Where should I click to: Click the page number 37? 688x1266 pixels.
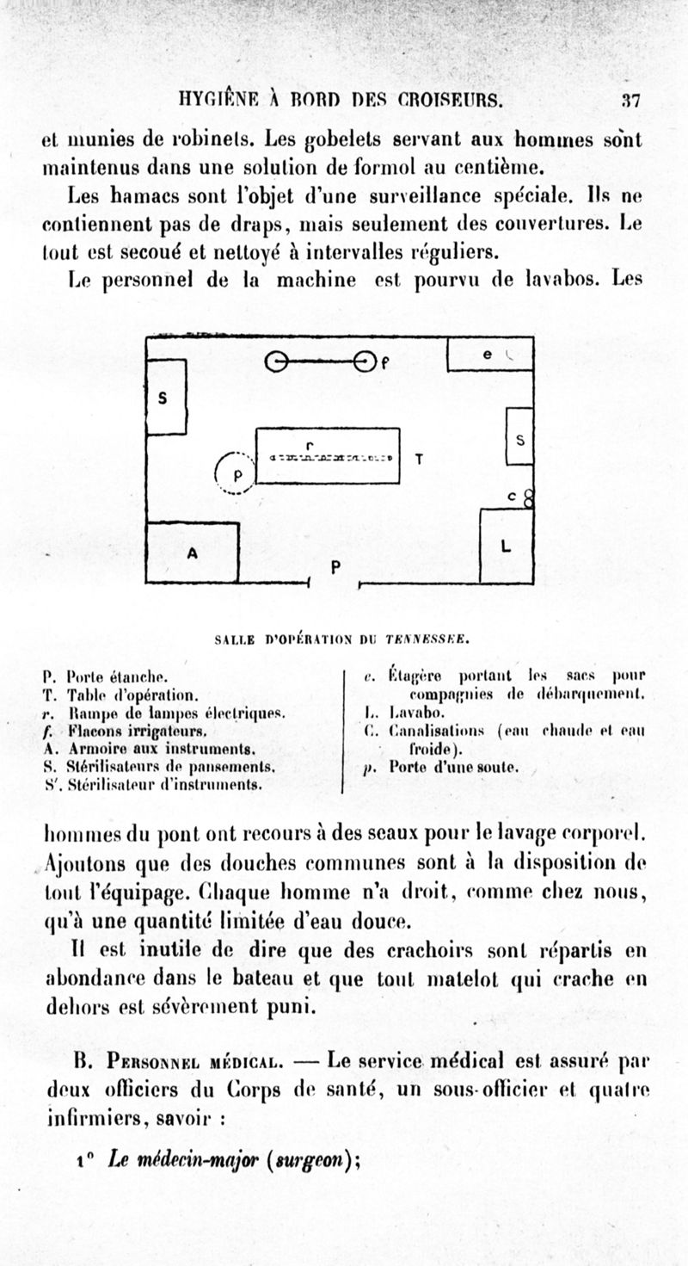pyautogui.click(x=631, y=101)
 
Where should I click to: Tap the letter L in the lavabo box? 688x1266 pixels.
pyautogui.click(x=506, y=546)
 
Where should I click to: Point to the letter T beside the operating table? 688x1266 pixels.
pyautogui.click(x=419, y=459)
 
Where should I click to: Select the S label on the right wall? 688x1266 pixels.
pyautogui.click(x=519, y=439)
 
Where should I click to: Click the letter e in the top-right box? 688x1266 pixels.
pyautogui.click(x=487, y=354)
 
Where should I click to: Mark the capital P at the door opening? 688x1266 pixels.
pyautogui.click(x=335, y=567)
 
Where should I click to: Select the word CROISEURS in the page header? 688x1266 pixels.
pyautogui.click(x=447, y=100)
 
